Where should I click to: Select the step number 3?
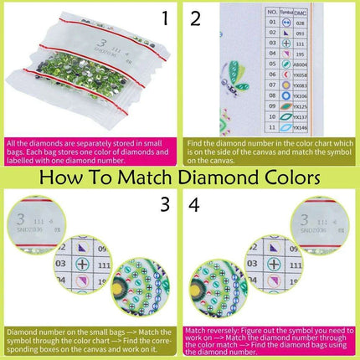(x=166, y=203)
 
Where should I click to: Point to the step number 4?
(x=193, y=203)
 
